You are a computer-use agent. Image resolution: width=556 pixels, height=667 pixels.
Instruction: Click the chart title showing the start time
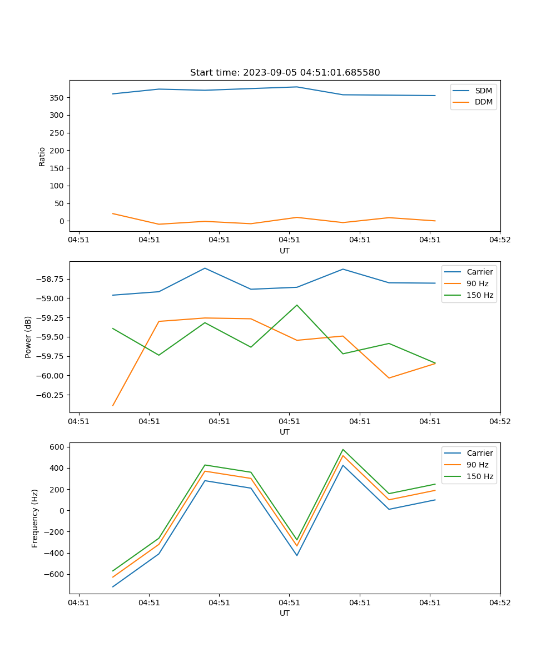click(285, 72)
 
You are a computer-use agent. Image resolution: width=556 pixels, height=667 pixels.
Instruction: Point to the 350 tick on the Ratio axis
click(57, 98)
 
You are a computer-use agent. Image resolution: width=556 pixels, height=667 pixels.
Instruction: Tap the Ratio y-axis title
click(42, 156)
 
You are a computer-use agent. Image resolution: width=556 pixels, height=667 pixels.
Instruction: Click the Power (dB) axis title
click(28, 337)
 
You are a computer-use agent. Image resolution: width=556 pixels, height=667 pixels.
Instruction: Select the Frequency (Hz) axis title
click(35, 518)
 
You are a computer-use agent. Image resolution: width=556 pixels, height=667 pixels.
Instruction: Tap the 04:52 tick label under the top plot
click(499, 240)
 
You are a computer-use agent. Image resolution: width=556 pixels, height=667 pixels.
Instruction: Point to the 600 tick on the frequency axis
click(58, 447)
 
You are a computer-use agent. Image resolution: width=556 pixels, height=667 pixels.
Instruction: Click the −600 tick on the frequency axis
click(55, 574)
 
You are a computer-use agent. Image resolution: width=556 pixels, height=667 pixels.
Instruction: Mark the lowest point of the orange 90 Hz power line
click(113, 406)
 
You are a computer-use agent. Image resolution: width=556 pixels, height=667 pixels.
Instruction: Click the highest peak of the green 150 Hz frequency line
click(343, 450)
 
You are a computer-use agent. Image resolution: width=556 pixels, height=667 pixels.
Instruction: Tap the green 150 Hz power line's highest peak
click(297, 305)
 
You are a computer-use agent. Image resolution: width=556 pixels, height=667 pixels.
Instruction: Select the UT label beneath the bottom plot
click(285, 613)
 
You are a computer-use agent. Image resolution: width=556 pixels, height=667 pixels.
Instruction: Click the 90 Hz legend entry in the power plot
click(477, 283)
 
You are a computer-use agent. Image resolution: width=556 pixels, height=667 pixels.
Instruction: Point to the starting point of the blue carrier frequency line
click(113, 587)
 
